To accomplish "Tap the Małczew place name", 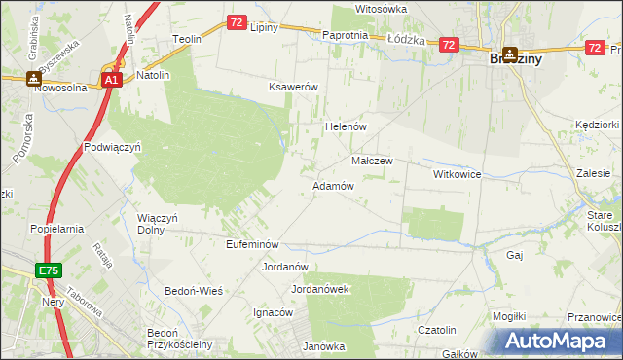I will (x=371, y=161).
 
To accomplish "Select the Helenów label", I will (x=344, y=127).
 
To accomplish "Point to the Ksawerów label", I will (x=294, y=87).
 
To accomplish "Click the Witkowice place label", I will (x=458, y=173).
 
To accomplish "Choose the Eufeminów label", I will (x=252, y=244).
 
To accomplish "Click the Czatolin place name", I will (x=437, y=330).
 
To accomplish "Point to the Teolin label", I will (x=186, y=39).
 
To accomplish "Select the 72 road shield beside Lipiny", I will (x=238, y=21).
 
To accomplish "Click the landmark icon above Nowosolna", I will (x=34, y=77).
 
